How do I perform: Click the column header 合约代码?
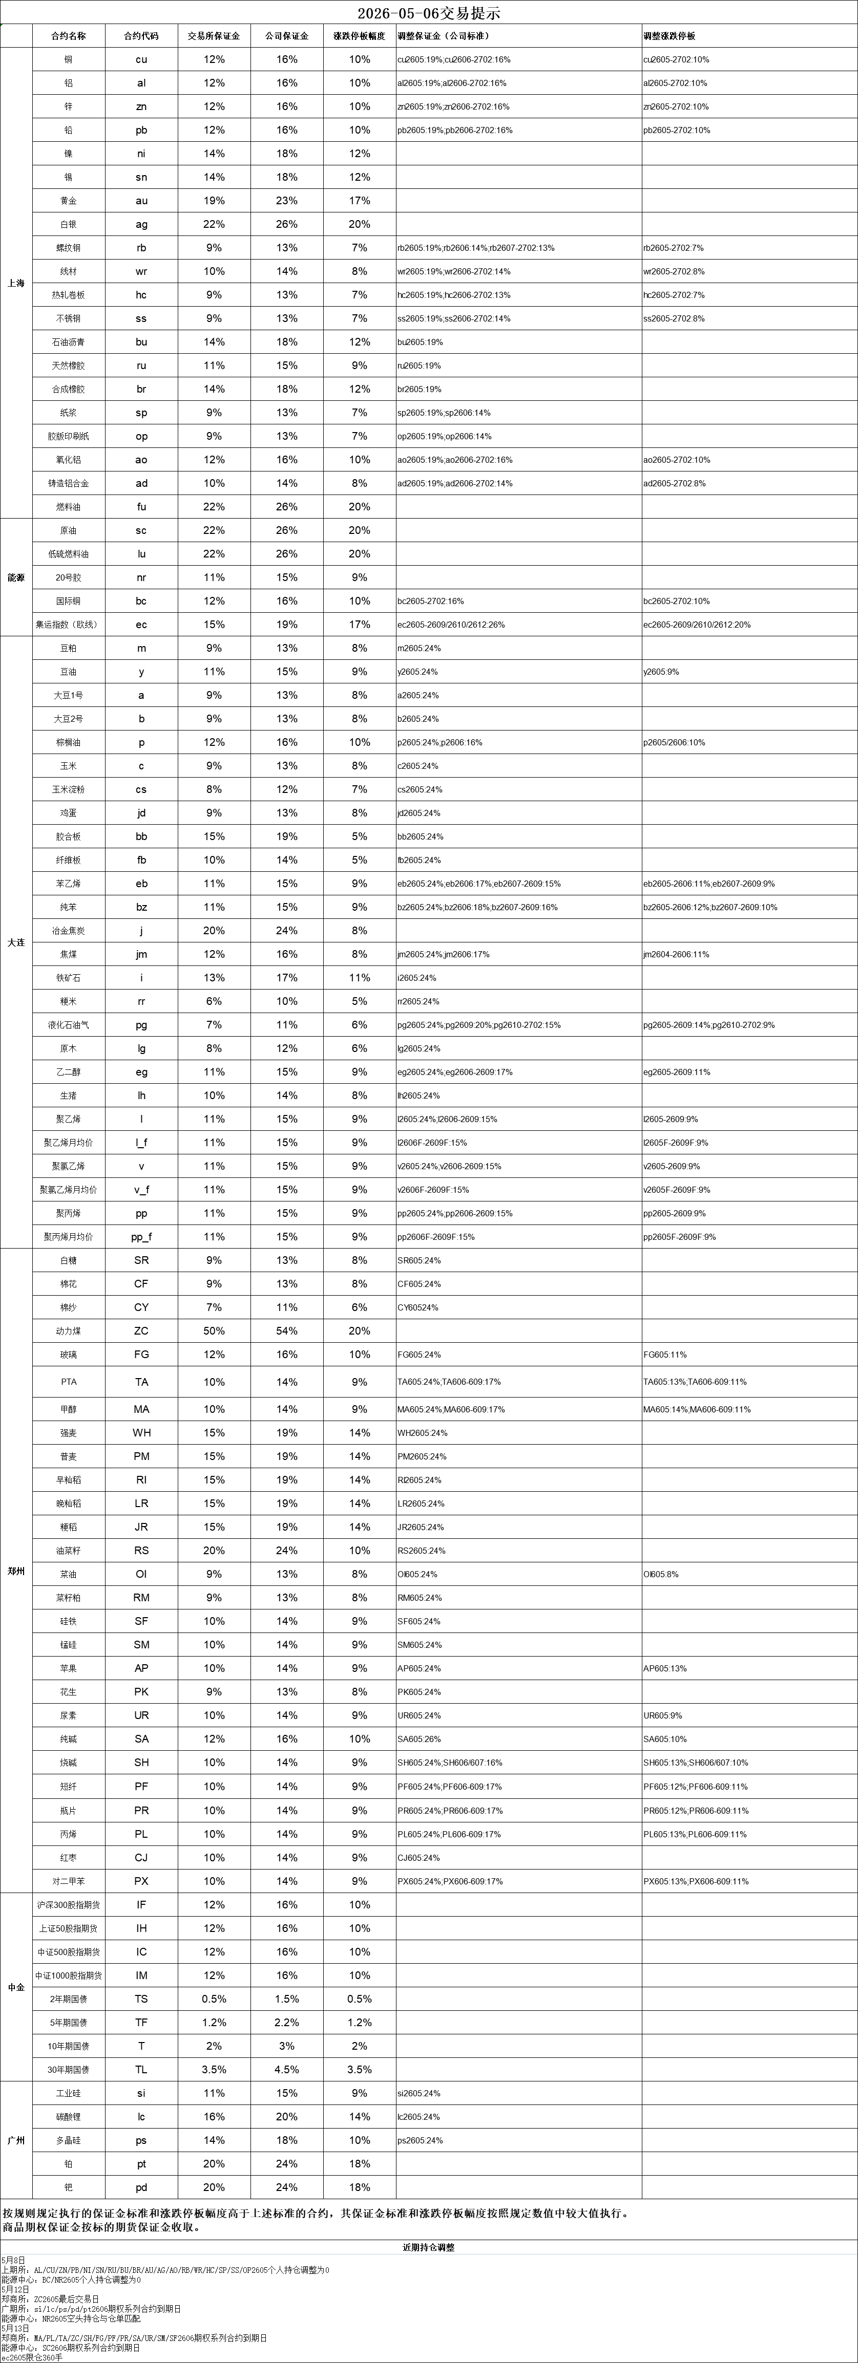pyautogui.click(x=141, y=36)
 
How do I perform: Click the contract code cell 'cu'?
pyautogui.click(x=141, y=59)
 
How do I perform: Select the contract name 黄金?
pyautogui.click(x=69, y=201)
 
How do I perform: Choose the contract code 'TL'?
pyautogui.click(x=141, y=2070)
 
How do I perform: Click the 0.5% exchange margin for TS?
pyautogui.click(x=214, y=1999)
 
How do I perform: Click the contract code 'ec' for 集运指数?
pyautogui.click(x=141, y=625)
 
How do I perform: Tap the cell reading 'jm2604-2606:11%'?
pyautogui.click(x=676, y=954)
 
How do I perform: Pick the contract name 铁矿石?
pyautogui.click(x=69, y=978)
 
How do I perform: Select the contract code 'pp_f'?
pyautogui.click(x=141, y=1237)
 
